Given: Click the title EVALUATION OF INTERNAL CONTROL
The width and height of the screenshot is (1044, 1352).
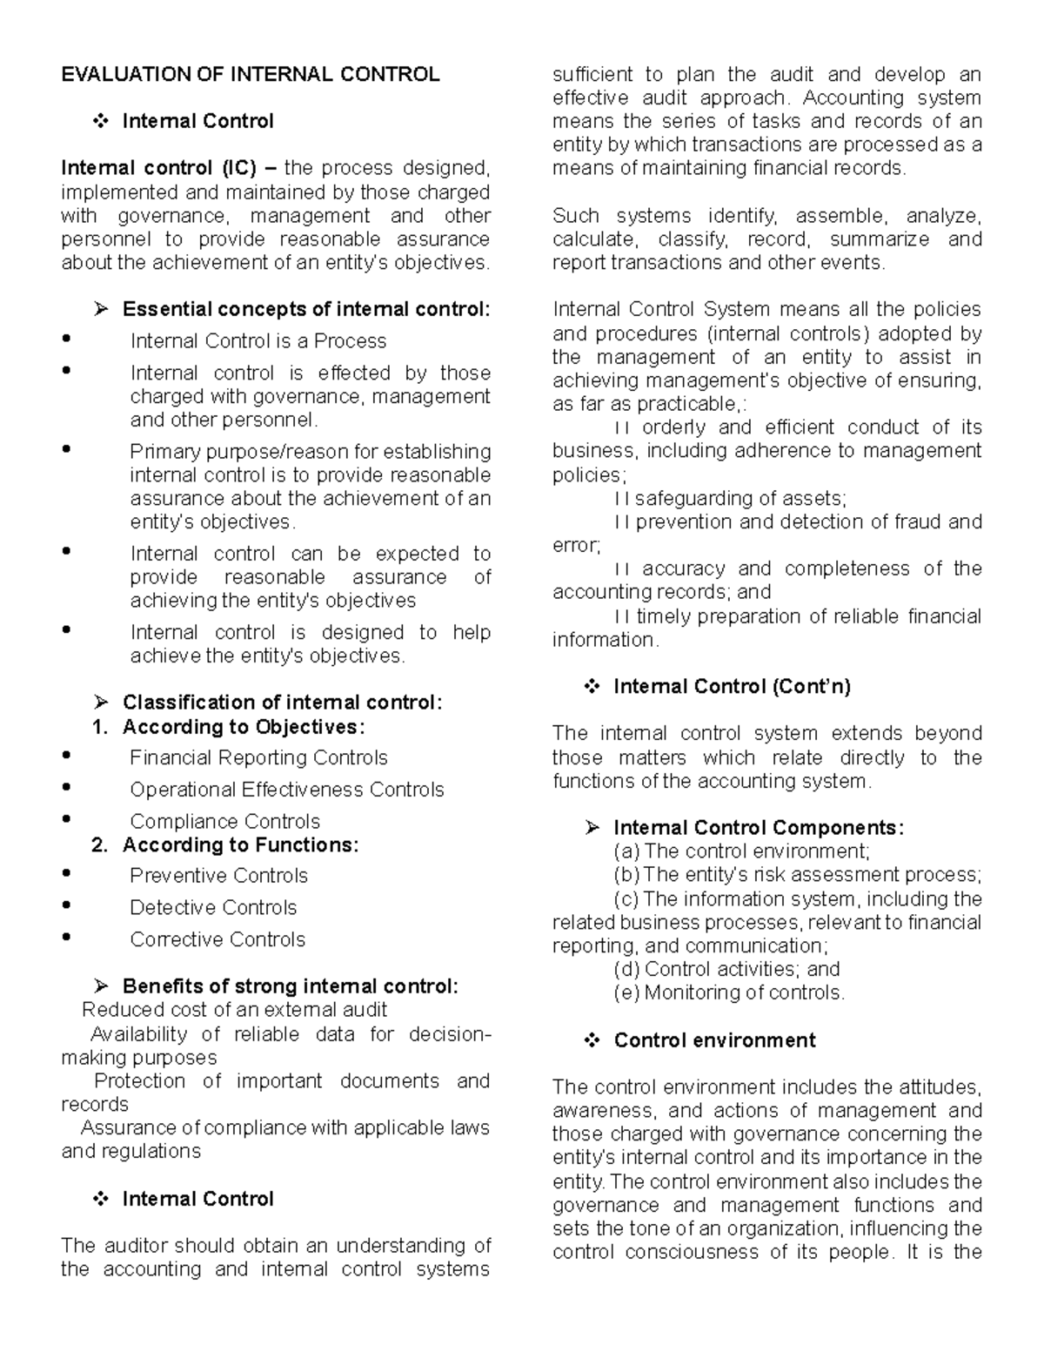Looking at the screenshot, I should click(x=250, y=75).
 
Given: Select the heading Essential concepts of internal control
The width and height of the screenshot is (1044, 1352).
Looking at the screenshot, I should click(x=306, y=309).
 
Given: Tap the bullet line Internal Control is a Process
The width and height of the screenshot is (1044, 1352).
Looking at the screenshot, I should click(x=258, y=341).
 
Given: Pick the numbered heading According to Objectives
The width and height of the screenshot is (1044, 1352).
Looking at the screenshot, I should click(x=244, y=727).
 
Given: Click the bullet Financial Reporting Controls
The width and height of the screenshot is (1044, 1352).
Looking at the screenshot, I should click(x=258, y=758).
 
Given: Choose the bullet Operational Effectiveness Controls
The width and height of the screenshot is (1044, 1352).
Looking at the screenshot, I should click(x=286, y=790).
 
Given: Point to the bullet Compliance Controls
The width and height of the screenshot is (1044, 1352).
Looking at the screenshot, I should click(x=224, y=822).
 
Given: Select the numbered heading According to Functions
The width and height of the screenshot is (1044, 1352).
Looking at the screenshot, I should click(x=240, y=845).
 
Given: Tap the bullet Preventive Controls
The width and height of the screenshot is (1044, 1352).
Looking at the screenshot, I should click(x=218, y=876).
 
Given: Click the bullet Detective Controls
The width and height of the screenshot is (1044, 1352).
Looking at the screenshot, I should click(x=213, y=908).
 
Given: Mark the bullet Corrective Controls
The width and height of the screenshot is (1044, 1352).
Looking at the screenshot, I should click(x=217, y=940).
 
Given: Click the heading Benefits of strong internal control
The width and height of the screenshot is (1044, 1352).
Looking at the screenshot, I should click(x=290, y=986).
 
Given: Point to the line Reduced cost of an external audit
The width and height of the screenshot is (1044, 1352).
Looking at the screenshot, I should click(x=234, y=1010).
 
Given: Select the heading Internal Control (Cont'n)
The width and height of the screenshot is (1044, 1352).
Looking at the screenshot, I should click(x=732, y=687).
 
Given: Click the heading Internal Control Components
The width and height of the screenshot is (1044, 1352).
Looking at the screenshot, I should click(x=758, y=828).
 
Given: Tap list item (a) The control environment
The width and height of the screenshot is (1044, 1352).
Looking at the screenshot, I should click(x=741, y=851).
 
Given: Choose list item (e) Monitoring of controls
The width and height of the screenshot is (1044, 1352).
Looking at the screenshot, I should click(x=729, y=992).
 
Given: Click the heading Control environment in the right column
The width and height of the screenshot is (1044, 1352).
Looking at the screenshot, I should click(x=714, y=1040).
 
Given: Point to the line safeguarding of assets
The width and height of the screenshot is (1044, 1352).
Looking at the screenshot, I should click(x=739, y=499).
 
